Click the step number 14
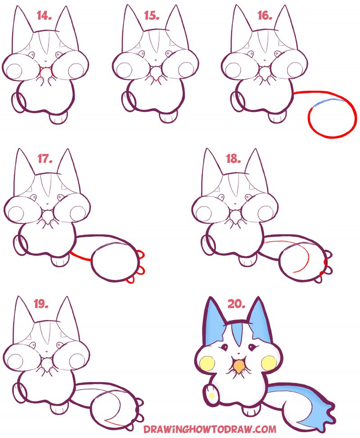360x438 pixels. (x=45, y=17)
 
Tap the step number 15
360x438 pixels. (x=152, y=16)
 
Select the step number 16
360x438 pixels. (x=265, y=16)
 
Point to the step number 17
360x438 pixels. (x=45, y=159)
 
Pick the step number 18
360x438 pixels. (x=234, y=159)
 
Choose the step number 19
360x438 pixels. (x=41, y=304)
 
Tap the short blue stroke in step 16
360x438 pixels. (x=331, y=101)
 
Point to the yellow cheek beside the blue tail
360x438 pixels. (x=269, y=361)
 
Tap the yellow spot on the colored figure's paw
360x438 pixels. (x=211, y=395)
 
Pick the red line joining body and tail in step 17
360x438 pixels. (x=81, y=257)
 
